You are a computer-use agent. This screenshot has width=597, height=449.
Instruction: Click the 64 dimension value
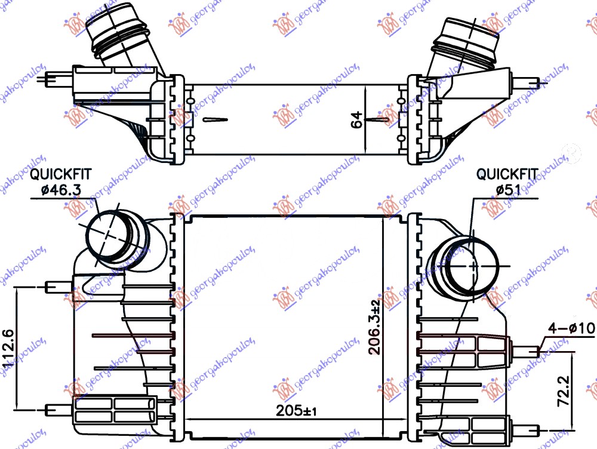tap(356, 119)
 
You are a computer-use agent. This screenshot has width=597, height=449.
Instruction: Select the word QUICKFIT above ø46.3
tap(61, 174)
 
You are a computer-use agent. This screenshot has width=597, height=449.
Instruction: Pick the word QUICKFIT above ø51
tap(507, 174)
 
